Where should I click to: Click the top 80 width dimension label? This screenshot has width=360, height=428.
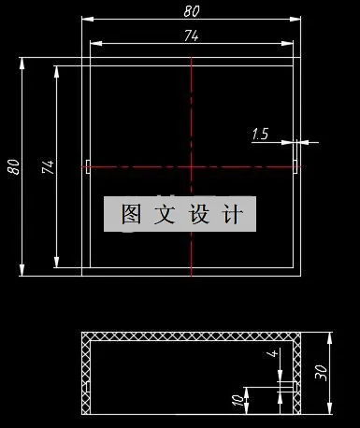click(x=191, y=11)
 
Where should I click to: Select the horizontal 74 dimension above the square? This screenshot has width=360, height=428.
click(x=191, y=35)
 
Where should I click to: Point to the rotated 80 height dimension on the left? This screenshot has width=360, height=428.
click(x=13, y=167)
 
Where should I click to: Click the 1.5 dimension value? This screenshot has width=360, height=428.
click(x=260, y=135)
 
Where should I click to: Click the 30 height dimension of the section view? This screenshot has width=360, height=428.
click(x=322, y=372)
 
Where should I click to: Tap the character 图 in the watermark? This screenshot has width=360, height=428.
click(x=131, y=215)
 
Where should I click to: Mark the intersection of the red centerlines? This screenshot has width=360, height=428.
click(x=191, y=167)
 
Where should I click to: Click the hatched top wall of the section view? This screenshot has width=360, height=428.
click(x=191, y=336)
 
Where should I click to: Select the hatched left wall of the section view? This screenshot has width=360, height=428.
click(x=86, y=374)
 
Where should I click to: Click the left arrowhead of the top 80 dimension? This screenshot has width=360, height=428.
click(x=84, y=19)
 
